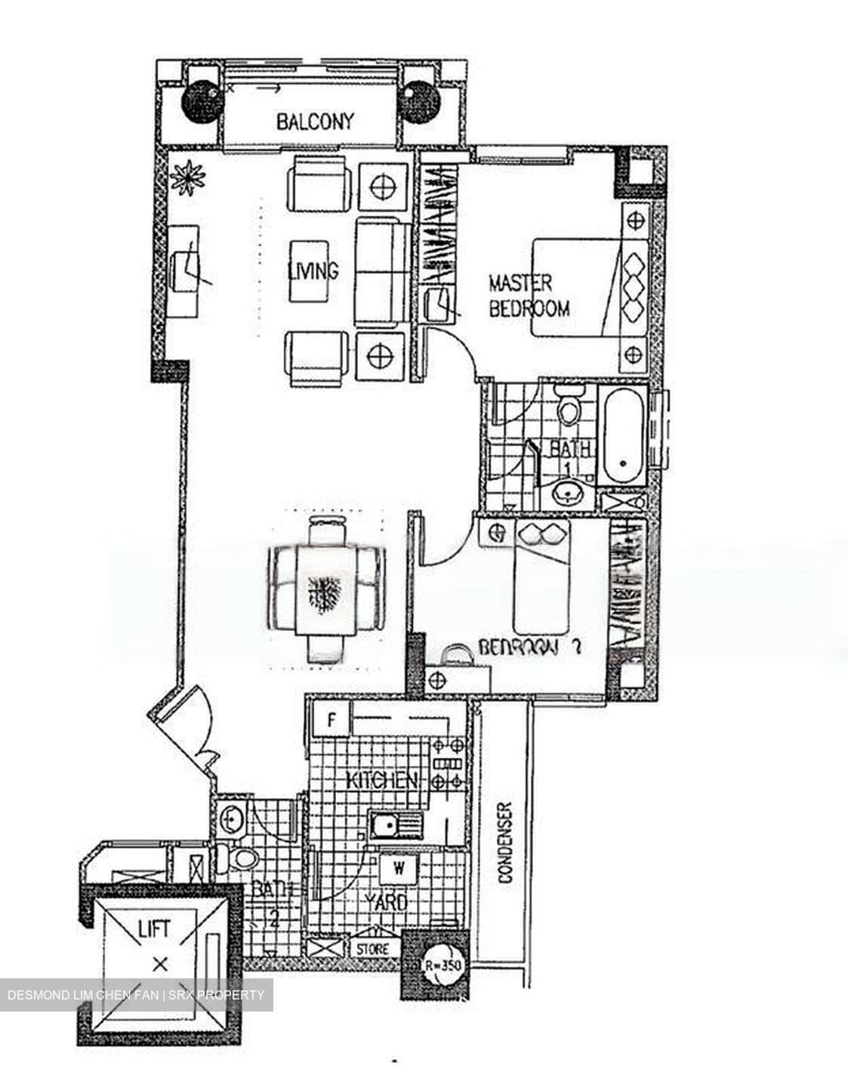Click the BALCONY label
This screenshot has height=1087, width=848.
314,121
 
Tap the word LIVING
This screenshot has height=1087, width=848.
313,269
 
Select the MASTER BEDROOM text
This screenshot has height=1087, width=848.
528,295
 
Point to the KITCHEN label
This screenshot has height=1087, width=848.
381,780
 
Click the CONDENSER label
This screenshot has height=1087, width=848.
505,842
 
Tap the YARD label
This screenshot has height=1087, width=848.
386,902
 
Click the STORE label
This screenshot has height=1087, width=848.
372,948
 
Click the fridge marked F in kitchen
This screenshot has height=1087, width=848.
330,719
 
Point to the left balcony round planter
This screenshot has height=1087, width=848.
201,98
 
